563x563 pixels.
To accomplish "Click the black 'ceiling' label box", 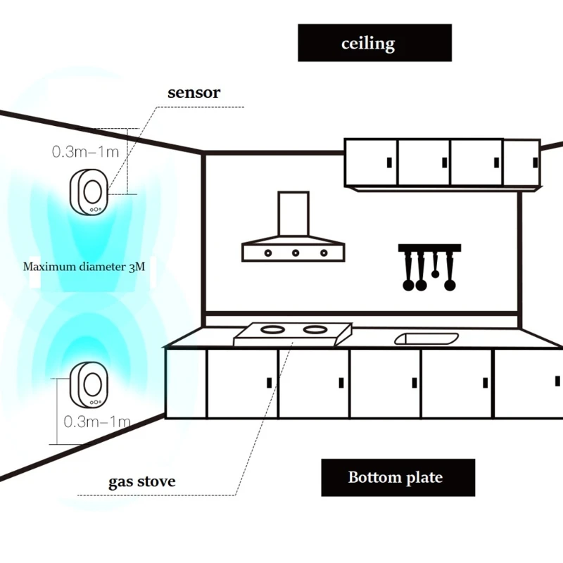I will pos(374,43).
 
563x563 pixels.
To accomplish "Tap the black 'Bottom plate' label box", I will pos(398,477).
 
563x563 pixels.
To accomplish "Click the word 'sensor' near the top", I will pos(194,92).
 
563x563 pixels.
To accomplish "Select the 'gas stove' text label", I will pos(141,482).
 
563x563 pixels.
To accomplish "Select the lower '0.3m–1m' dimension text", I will pos(97,422).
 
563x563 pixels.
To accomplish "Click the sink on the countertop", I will pos(426,339).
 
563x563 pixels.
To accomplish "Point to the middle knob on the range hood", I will pos(296,252).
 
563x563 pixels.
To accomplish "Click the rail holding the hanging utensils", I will pos(429,248).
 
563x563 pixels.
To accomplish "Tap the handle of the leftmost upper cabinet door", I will pos(388,163).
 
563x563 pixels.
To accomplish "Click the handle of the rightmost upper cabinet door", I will pos(534,162).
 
